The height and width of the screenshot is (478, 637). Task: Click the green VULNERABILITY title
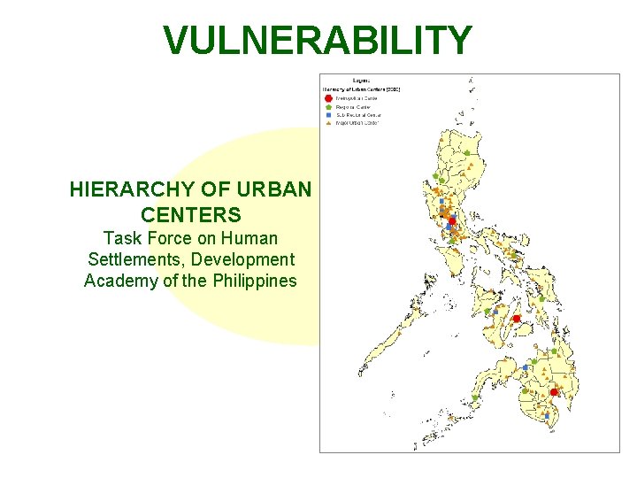click(318, 41)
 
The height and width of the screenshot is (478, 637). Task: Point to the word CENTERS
click(190, 214)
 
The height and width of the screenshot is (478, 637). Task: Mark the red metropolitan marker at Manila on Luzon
click(452, 221)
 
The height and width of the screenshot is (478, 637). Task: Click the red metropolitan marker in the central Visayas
click(516, 319)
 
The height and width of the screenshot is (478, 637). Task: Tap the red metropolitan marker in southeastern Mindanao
click(554, 392)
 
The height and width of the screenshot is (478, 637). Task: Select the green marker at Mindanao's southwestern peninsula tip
click(474, 398)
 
